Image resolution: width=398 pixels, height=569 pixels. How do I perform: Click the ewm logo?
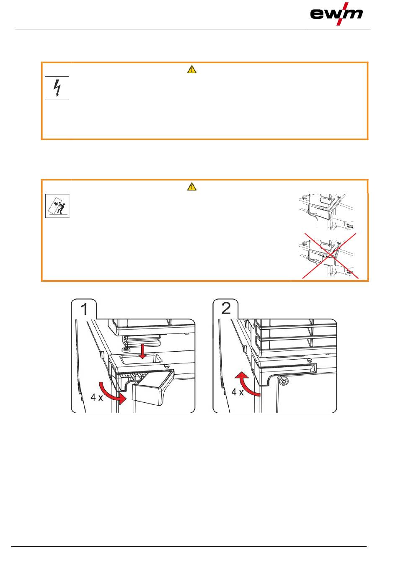point(336,14)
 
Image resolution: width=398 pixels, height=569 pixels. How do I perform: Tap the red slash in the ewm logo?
point(343,14)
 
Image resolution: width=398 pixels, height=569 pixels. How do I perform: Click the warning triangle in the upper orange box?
point(191,70)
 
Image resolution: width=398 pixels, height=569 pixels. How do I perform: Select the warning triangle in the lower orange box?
point(191,187)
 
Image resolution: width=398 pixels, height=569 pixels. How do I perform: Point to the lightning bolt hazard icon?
point(57,88)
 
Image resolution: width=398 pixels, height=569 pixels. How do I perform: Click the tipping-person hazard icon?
point(57,206)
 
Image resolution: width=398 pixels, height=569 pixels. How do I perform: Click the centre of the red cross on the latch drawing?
point(331,255)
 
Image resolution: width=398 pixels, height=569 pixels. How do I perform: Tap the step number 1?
point(84,309)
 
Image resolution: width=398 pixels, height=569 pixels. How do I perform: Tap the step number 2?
point(226,309)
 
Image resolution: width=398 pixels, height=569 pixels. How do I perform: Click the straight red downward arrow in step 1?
point(143,351)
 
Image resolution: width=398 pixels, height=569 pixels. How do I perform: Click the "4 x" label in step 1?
point(97,397)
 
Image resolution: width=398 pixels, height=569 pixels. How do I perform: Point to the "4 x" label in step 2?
point(238,392)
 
